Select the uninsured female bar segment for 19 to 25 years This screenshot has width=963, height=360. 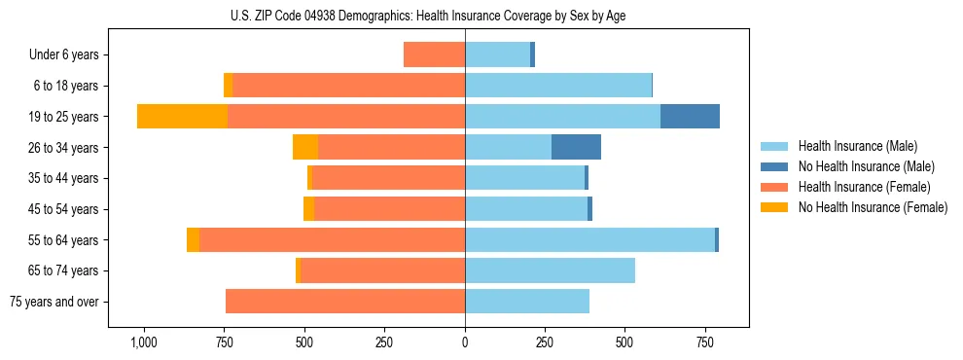(182, 116)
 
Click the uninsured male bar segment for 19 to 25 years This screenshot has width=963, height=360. (690, 116)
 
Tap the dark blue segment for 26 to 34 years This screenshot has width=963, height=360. (576, 147)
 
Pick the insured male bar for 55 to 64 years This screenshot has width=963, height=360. (589, 239)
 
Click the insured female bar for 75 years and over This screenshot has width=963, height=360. (345, 302)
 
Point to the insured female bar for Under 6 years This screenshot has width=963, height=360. (434, 54)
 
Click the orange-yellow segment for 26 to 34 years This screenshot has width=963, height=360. (305, 147)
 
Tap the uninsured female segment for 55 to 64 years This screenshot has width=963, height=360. (193, 239)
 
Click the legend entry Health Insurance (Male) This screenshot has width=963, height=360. (857, 146)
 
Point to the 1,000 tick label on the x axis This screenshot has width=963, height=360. (144, 342)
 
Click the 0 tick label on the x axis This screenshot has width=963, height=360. (465, 342)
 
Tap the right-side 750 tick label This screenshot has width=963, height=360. (704, 342)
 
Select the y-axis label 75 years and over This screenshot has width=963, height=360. (53, 302)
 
